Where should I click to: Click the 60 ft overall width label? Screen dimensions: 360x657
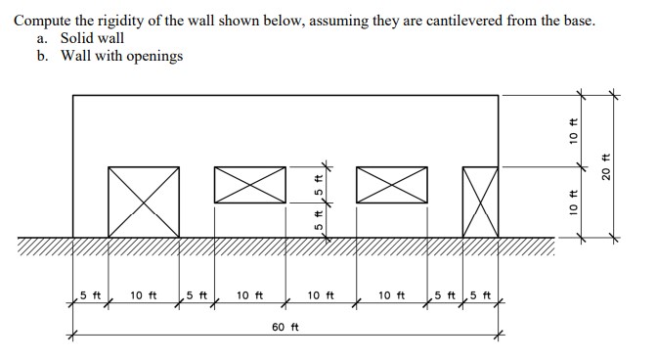pyautogui.click(x=285, y=325)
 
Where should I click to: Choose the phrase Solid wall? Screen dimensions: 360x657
pyautogui.click(x=92, y=37)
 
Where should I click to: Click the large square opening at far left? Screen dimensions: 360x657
pyautogui.click(x=143, y=202)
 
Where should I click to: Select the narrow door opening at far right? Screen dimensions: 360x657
pyautogui.click(x=479, y=202)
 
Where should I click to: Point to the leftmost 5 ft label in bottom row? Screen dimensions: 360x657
pyautogui.click(x=90, y=294)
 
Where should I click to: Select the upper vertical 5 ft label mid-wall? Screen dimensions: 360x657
pyautogui.click(x=318, y=184)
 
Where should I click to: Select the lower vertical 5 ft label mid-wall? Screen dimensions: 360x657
pyautogui.click(x=318, y=219)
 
